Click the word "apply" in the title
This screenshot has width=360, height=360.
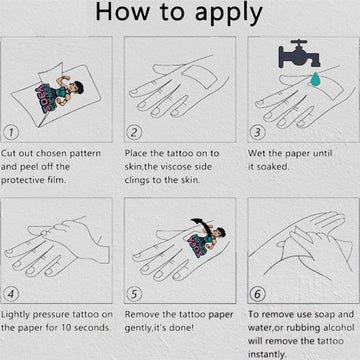(229, 14)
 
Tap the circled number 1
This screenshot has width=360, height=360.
(11, 132)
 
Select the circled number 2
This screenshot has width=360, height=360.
(134, 132)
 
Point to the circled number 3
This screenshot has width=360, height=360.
(257, 132)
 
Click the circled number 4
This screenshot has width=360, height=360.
(11, 294)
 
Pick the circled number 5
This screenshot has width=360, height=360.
(134, 294)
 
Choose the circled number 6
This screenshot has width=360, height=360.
(257, 294)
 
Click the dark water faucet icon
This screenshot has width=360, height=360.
(299, 54)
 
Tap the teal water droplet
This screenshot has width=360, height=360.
(314, 78)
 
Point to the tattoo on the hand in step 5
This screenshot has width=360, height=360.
(207, 239)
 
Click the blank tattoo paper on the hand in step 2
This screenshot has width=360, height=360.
(199, 77)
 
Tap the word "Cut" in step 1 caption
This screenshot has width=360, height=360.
(7, 153)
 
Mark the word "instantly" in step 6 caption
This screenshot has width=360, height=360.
(267, 354)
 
